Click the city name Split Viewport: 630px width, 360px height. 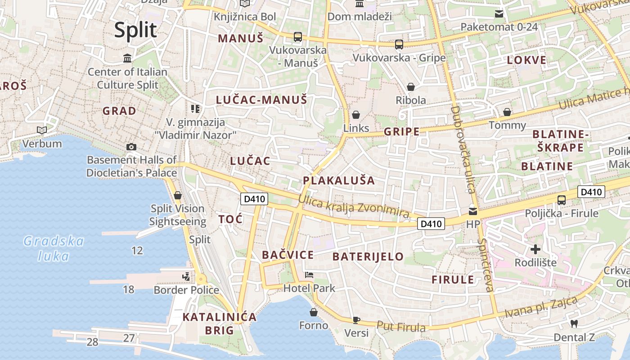(135, 30)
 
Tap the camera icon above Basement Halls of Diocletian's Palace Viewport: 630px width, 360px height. (131, 147)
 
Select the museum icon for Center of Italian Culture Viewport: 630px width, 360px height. (127, 58)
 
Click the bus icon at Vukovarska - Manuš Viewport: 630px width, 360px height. (297, 37)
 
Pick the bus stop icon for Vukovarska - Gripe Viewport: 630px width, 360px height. (399, 45)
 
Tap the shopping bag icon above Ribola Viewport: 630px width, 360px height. (410, 87)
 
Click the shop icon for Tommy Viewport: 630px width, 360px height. (507, 112)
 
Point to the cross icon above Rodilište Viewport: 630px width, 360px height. (535, 249)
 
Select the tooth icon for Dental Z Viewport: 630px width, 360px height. (574, 324)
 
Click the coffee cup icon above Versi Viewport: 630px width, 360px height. (356, 320)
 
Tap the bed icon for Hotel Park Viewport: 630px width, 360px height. (309, 274)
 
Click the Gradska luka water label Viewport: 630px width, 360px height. (54, 248)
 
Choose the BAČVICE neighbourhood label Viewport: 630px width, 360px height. (288, 255)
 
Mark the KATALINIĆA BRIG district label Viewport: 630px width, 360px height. (220, 324)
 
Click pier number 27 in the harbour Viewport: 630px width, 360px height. (129, 338)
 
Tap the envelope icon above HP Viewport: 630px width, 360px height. (472, 211)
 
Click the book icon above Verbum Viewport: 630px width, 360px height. (42, 130)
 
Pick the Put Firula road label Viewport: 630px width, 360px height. (400, 327)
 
